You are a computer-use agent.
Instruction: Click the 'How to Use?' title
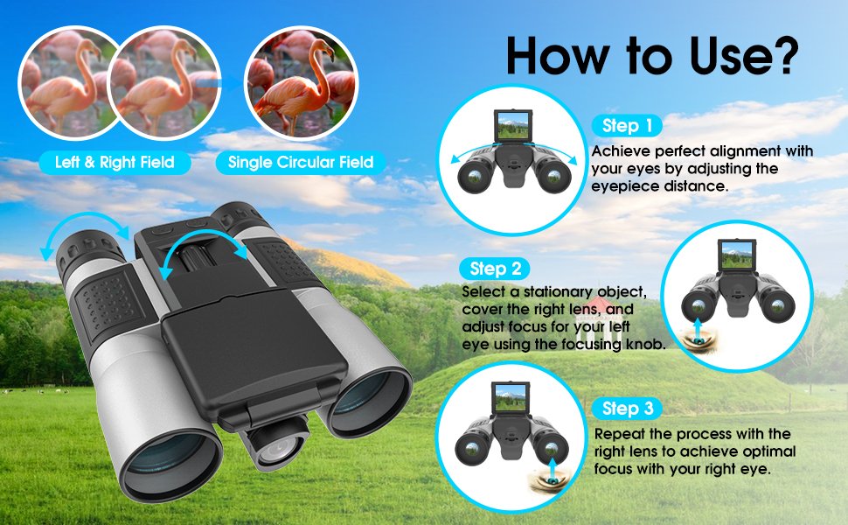click(x=651, y=55)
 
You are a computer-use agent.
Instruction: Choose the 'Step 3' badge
click(x=627, y=409)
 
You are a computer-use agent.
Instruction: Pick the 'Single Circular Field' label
click(x=301, y=162)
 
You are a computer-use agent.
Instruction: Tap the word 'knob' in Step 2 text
click(x=647, y=345)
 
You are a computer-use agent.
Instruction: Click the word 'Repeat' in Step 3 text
click(x=619, y=434)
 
